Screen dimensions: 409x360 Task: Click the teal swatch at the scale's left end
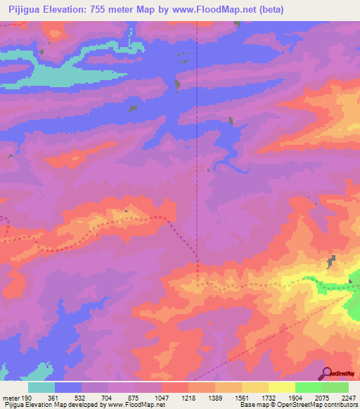41,387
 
